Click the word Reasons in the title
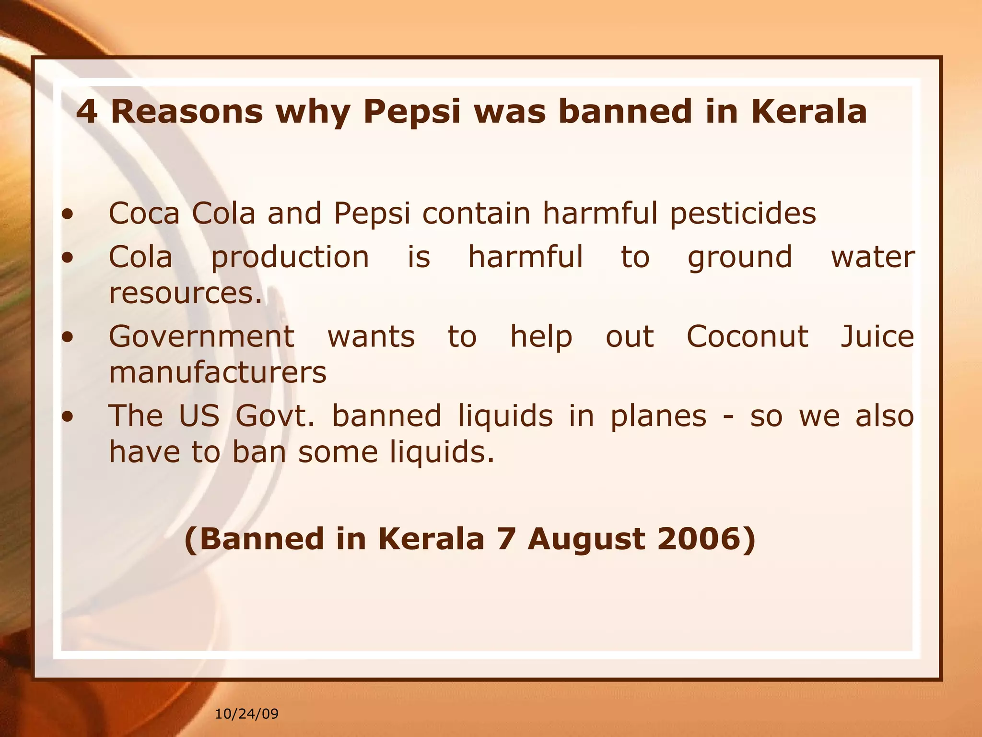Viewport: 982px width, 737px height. pyautogui.click(x=187, y=111)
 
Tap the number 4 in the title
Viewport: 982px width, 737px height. pyautogui.click(x=86, y=111)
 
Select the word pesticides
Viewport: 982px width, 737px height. pyautogui.click(x=743, y=214)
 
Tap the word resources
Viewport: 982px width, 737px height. pyautogui.click(x=186, y=293)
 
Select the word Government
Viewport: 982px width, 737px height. pyautogui.click(x=201, y=337)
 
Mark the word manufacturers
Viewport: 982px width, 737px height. pyautogui.click(x=218, y=372)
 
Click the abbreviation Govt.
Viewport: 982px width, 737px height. pyautogui.click(x=275, y=416)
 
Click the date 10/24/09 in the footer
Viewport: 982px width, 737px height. pyautogui.click(x=246, y=714)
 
